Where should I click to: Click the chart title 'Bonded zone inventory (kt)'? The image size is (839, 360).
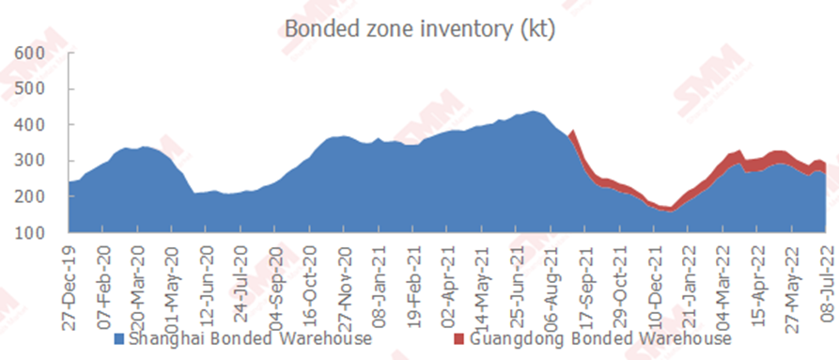419,28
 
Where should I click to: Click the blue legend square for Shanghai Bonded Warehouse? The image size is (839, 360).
119,339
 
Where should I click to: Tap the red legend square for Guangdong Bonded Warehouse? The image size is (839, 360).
458,339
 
